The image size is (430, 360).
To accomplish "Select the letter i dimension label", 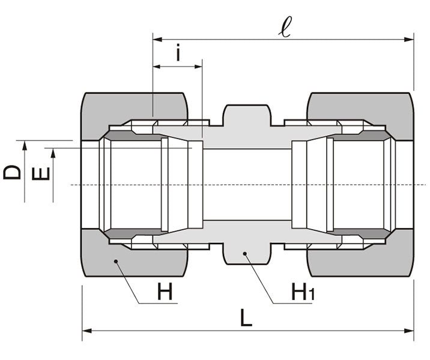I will pos(178,53).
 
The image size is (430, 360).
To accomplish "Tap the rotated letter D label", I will pos(12,172).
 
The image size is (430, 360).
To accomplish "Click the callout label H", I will pos(165,292).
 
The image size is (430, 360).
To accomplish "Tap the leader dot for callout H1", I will pos(246,254).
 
